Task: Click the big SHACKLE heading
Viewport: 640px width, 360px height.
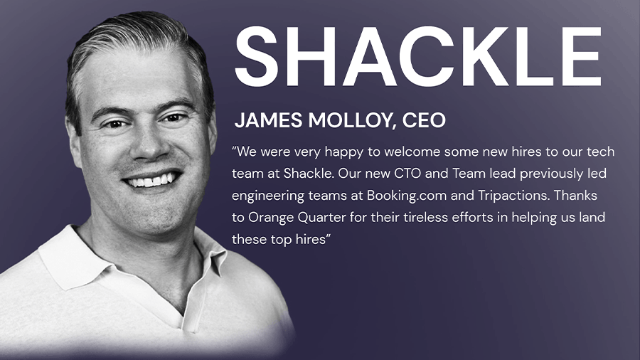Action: pyautogui.click(x=418, y=56)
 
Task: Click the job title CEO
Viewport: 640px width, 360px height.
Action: pyautogui.click(x=424, y=120)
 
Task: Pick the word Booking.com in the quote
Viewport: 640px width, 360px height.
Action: pyautogui.click(x=407, y=196)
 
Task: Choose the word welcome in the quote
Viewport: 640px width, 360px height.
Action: pyautogui.click(x=412, y=152)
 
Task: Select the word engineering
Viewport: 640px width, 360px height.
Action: pyautogui.click(x=268, y=196)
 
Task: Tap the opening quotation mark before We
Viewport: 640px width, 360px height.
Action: pyautogui.click(x=234, y=148)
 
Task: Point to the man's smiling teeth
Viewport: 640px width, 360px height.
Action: pyautogui.click(x=151, y=179)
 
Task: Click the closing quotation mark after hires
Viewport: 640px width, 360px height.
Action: pyautogui.click(x=328, y=235)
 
